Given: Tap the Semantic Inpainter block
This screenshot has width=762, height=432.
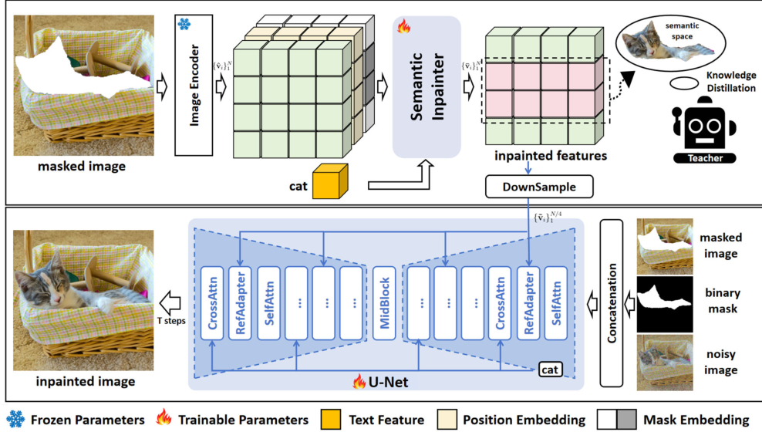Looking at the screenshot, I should point(427,86).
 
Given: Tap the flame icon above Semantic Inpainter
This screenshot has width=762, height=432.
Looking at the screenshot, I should point(403,28).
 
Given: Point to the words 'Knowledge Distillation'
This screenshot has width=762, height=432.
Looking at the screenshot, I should point(729,84).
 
